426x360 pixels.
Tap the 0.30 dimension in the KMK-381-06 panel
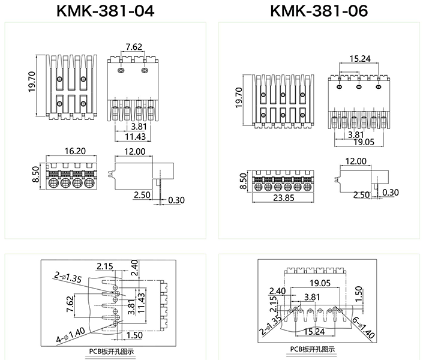coord(390,193)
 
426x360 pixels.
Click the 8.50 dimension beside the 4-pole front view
coord(35,174)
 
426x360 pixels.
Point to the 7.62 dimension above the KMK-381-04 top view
coord(134,47)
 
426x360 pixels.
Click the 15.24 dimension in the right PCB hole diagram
coord(314,331)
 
